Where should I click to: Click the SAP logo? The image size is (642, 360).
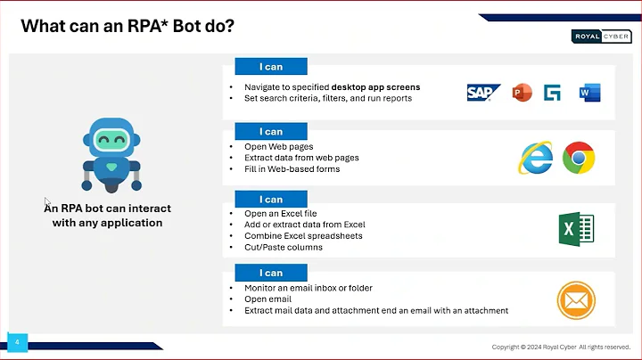pos(483,93)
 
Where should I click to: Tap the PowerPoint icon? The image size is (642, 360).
pos(522,93)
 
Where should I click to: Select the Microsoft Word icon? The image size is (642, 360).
pos(589,93)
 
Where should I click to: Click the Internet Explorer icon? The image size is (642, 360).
pos(536,159)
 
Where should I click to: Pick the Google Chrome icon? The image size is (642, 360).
pos(579,159)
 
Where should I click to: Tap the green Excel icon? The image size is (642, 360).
pos(575,230)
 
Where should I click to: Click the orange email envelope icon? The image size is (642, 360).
pos(575,299)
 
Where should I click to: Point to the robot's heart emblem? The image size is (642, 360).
pos(111,166)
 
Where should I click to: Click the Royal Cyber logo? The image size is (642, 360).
pos(600,37)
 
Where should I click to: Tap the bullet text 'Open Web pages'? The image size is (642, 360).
pos(278,146)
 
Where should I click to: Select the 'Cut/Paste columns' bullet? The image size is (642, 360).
pos(283,247)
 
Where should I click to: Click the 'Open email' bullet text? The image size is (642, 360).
pos(268,299)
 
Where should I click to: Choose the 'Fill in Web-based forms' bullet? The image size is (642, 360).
pos(292,168)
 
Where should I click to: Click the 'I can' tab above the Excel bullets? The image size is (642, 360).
pos(271,200)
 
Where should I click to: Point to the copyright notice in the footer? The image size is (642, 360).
pos(561,347)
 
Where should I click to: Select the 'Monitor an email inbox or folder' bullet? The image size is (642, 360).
pos(308,288)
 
